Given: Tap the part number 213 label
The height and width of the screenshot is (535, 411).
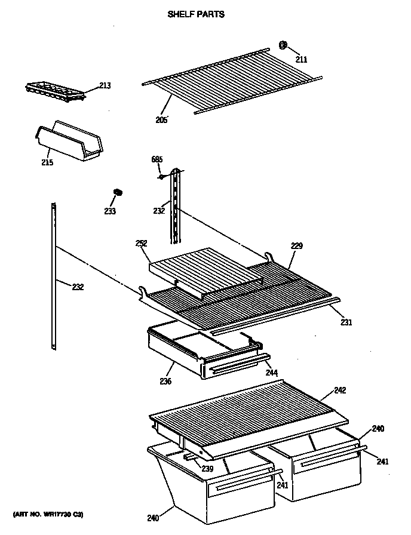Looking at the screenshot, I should pos(105,85).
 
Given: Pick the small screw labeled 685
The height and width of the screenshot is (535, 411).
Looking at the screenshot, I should pos(161,176).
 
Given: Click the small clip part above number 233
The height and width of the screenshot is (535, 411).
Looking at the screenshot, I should pos(118,192).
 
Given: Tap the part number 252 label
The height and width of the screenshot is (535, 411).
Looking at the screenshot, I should pos(141,243).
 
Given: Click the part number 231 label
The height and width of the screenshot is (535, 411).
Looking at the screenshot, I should pos(346,322).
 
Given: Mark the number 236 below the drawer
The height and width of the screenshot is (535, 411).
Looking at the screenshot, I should pos(165,382).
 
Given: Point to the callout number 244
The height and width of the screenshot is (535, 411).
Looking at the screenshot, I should pos(271,373).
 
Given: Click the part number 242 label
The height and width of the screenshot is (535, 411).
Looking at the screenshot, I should pos(340,391).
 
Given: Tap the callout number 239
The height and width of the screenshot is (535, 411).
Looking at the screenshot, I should pos(207,469).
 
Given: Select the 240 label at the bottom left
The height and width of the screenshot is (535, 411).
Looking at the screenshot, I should pos(153,518).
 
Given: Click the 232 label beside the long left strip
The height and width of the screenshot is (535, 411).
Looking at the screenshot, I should pos(78,287).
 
